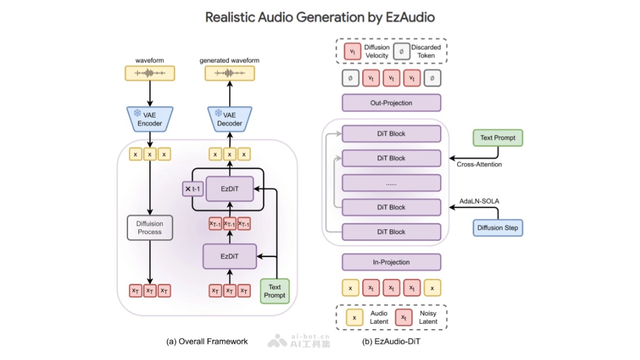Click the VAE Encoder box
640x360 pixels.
(149, 119)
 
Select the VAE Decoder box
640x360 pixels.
(229, 119)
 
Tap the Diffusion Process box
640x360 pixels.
(149, 228)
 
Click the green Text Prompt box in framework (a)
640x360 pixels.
(275, 291)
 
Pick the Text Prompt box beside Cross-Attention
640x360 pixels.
(498, 138)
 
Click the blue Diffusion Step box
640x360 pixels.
(498, 228)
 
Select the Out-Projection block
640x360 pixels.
(391, 103)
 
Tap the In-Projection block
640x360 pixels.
(391, 262)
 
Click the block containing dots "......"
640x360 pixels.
(391, 183)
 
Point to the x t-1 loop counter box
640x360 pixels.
(193, 188)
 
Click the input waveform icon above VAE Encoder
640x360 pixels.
(149, 73)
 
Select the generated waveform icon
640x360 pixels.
(229, 73)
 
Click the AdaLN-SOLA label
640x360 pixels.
(478, 201)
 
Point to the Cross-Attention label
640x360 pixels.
(479, 164)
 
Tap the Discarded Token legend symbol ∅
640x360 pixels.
(401, 51)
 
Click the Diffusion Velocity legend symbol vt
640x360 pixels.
(353, 51)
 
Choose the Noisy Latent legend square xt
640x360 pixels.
(404, 317)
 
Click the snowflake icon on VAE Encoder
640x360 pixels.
(138, 114)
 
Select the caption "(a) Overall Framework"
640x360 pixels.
(207, 341)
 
